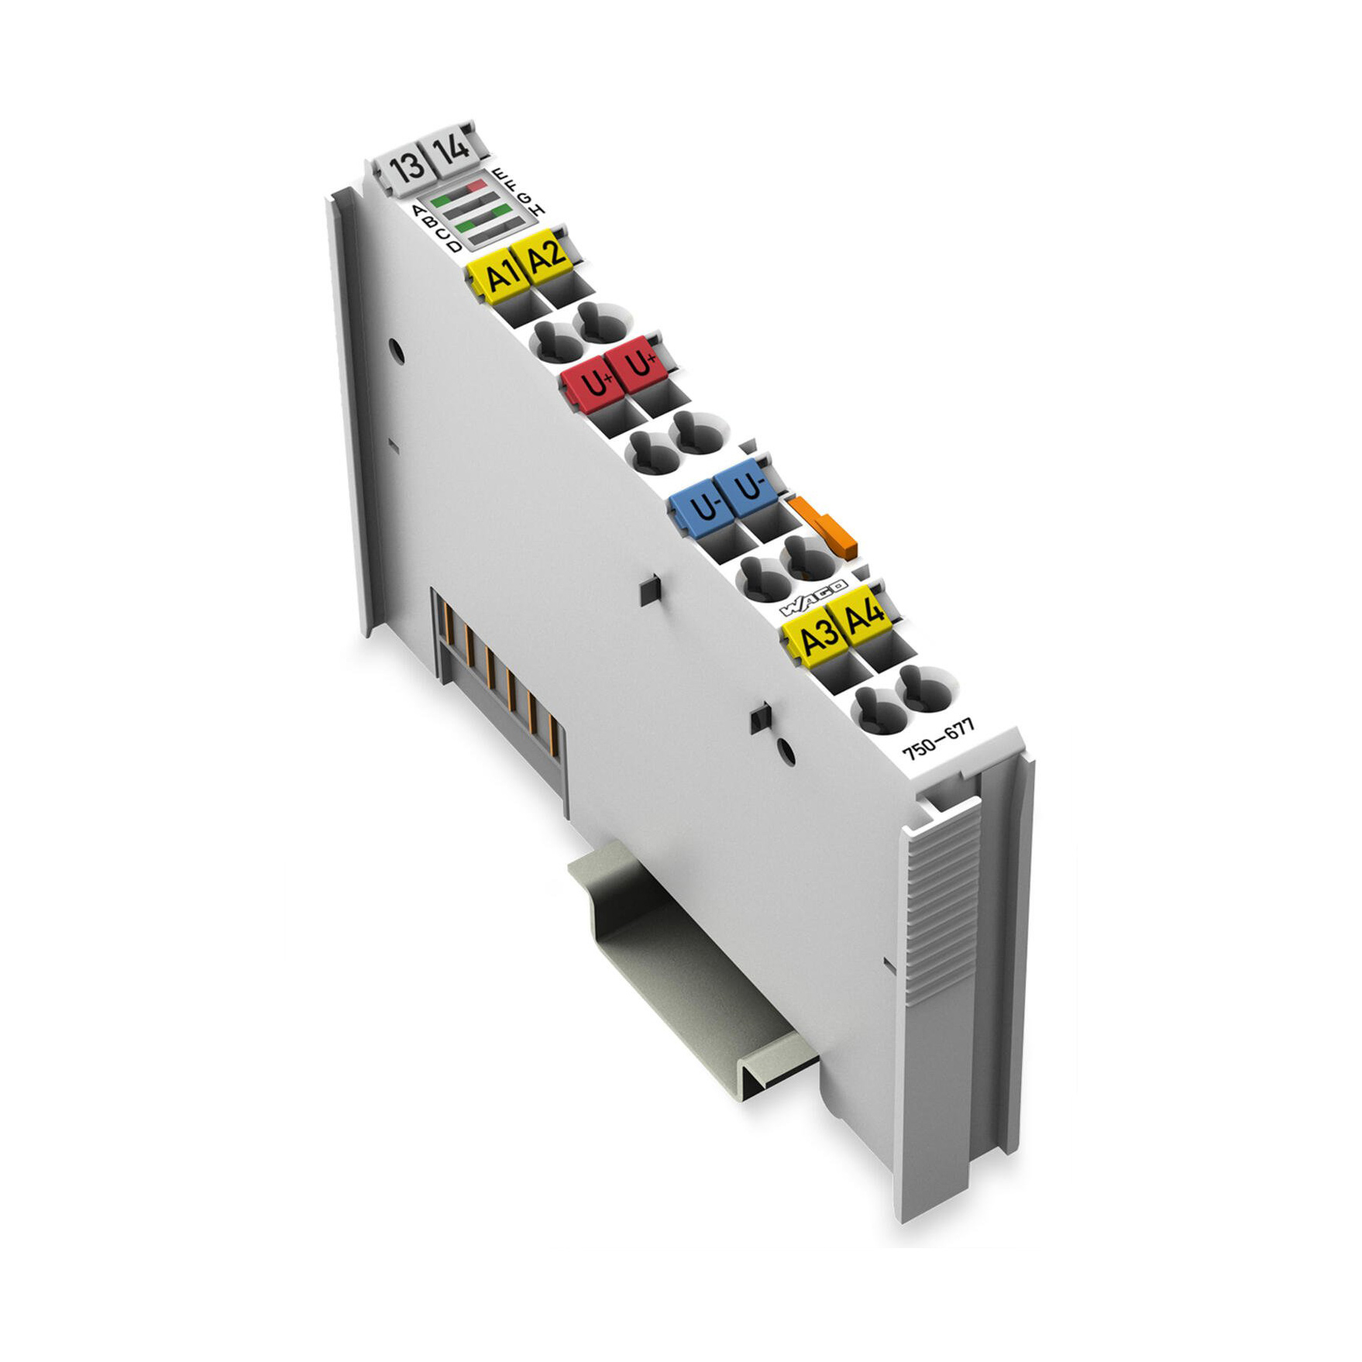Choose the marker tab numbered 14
(x=451, y=146)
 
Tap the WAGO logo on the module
(x=813, y=594)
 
